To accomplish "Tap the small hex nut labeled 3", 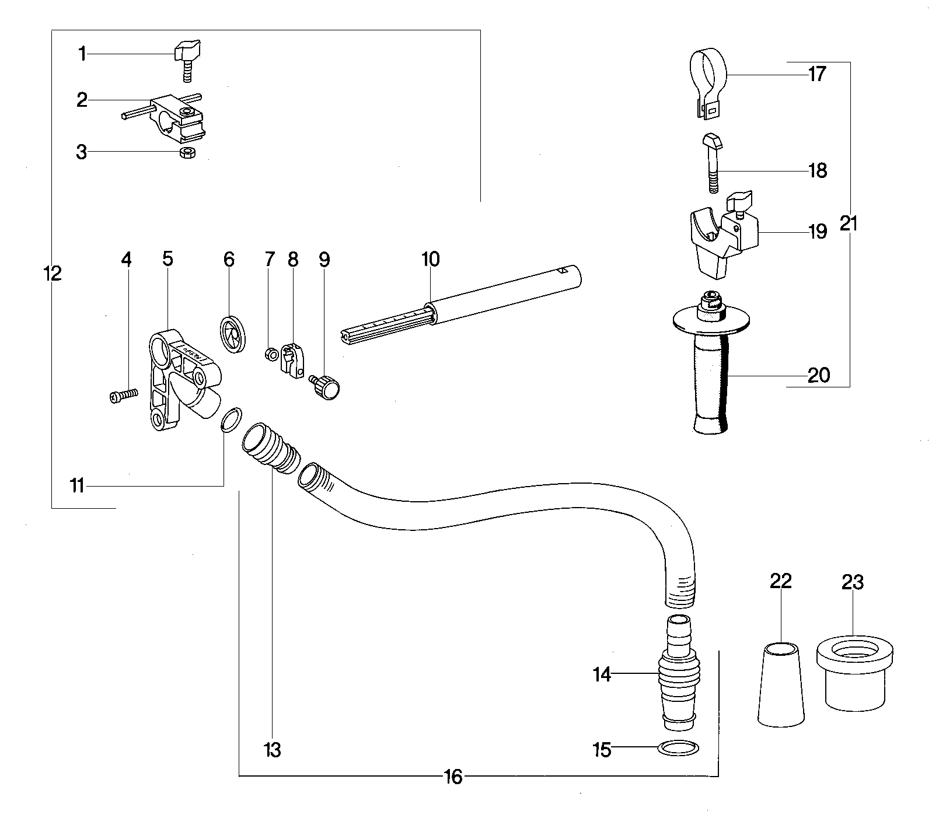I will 187,153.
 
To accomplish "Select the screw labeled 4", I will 123,396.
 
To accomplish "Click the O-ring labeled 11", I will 231,419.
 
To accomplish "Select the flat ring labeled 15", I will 679,747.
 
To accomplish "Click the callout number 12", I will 53,272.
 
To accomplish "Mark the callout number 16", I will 453,777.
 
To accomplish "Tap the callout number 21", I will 849,223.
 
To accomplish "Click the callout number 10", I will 430,259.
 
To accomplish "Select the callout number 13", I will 273,749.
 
